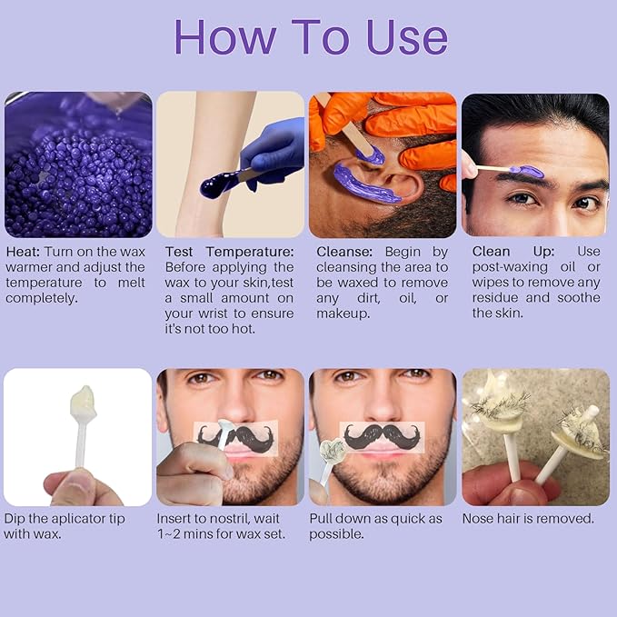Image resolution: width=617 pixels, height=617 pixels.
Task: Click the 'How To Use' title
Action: click(311, 37)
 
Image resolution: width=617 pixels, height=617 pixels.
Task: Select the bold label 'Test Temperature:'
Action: click(229, 252)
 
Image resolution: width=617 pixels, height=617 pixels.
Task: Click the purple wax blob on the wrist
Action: click(217, 185)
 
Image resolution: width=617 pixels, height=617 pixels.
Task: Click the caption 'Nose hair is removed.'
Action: click(527, 519)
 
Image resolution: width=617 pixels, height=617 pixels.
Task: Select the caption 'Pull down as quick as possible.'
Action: click(375, 526)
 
